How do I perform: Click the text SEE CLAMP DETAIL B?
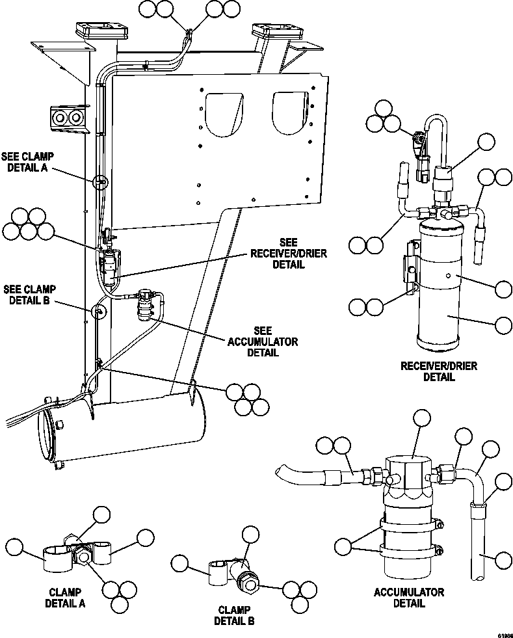[29, 295]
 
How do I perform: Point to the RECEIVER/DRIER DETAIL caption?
[439, 371]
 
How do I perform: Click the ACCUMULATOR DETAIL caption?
[409, 597]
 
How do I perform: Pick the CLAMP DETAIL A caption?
[65, 597]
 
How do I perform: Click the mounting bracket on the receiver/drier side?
[410, 267]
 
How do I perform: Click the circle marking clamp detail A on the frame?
[99, 182]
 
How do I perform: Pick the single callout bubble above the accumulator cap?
[422, 418]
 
